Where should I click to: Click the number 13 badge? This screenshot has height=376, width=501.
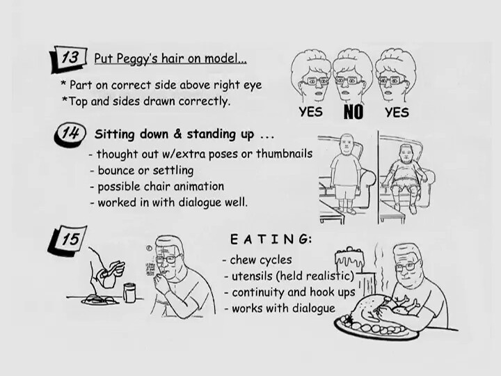(69, 58)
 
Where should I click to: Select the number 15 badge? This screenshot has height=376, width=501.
(67, 240)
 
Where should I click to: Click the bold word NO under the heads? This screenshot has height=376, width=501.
(353, 112)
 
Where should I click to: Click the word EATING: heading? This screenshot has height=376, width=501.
(271, 239)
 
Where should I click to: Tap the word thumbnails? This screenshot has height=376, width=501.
(284, 154)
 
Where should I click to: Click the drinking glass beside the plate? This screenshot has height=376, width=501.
(129, 292)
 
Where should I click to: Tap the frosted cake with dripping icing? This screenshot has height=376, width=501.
(349, 258)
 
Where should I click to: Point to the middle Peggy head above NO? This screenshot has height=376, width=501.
(352, 77)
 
